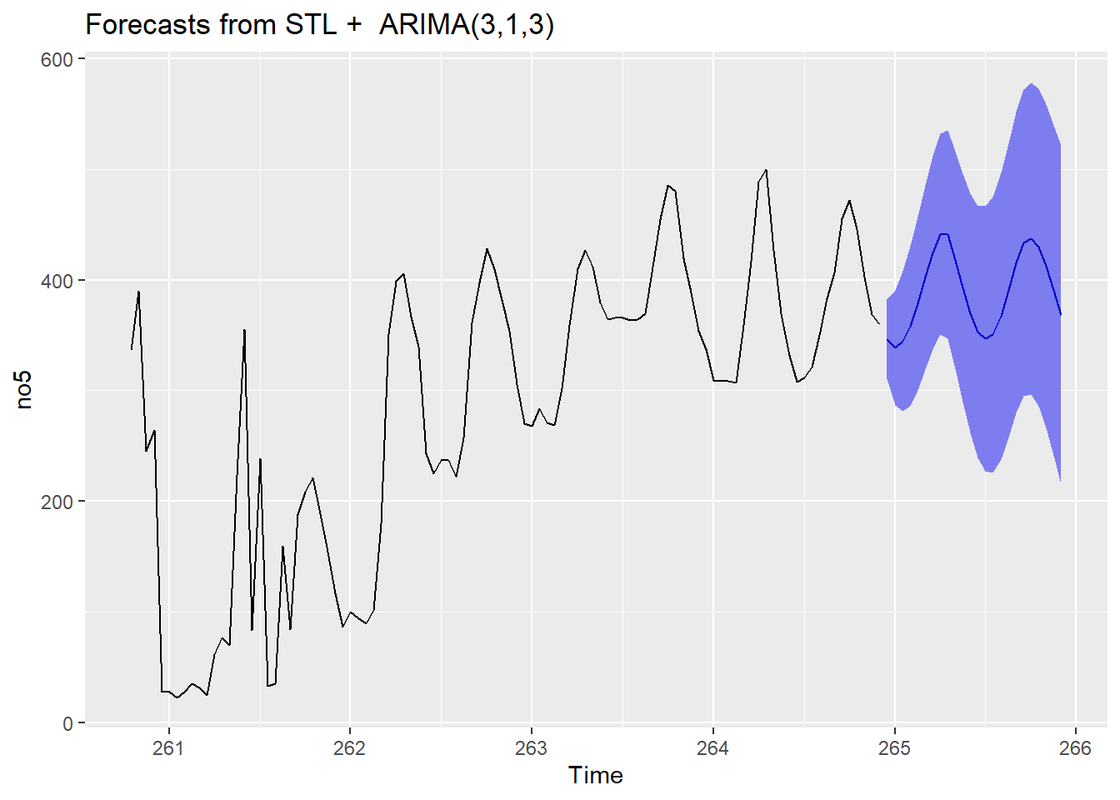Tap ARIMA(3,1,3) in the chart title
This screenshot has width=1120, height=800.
pyautogui.click(x=466, y=25)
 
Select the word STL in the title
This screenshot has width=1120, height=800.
pyautogui.click(x=311, y=25)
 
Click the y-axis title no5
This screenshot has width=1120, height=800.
pyautogui.click(x=24, y=390)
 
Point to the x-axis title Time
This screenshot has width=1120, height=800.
pyautogui.click(x=595, y=775)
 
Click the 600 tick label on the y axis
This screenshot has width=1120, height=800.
pyautogui.click(x=57, y=59)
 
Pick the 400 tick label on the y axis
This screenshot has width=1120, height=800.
pyautogui.click(x=57, y=281)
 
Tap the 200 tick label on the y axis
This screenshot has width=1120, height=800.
pyautogui.click(x=57, y=502)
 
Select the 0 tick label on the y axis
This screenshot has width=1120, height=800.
pyautogui.click(x=67, y=723)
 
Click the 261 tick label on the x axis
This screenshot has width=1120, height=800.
pyautogui.click(x=167, y=747)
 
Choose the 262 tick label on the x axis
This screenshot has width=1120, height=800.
pyautogui.click(x=349, y=747)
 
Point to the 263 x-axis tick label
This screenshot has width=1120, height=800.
pyautogui.click(x=531, y=747)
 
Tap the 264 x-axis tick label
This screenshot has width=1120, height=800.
pyautogui.click(x=712, y=747)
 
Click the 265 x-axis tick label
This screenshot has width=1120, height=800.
pyautogui.click(x=894, y=747)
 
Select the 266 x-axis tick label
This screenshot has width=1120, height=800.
pyautogui.click(x=1075, y=747)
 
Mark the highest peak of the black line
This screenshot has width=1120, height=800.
pyautogui.click(x=766, y=170)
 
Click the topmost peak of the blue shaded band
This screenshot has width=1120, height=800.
pyautogui.click(x=1032, y=83)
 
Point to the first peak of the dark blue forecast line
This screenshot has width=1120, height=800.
pyautogui.click(x=943, y=234)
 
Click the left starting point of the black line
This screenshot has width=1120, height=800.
pyautogui.click(x=131, y=349)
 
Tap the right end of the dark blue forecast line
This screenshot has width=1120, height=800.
pyautogui.click(x=1060, y=315)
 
